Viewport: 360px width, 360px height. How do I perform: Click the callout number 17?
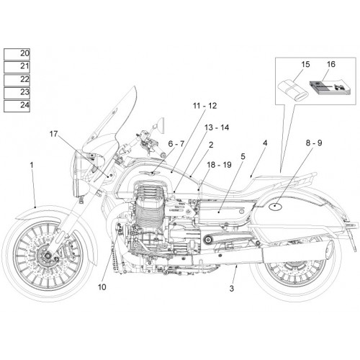[x=54, y=134]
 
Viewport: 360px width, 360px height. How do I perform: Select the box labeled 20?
[x=17, y=54]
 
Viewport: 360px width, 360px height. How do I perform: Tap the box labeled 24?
[x=17, y=106]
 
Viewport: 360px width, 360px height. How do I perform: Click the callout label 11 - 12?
[x=204, y=106]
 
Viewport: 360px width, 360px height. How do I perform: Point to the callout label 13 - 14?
[x=217, y=127]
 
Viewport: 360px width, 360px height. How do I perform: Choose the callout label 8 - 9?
[x=314, y=143]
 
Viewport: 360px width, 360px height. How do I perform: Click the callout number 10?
[x=102, y=287]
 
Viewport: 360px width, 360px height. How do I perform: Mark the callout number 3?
[x=231, y=288]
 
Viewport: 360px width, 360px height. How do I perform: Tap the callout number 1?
[x=32, y=165]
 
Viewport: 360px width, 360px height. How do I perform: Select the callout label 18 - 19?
[x=219, y=165]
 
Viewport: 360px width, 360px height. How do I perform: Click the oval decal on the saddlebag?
[x=276, y=207]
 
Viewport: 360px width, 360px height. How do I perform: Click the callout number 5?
[x=243, y=157]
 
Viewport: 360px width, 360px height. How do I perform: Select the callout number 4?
[x=265, y=143]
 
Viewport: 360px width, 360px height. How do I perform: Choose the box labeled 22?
[x=17, y=80]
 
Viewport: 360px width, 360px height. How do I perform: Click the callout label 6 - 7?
[x=176, y=144]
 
